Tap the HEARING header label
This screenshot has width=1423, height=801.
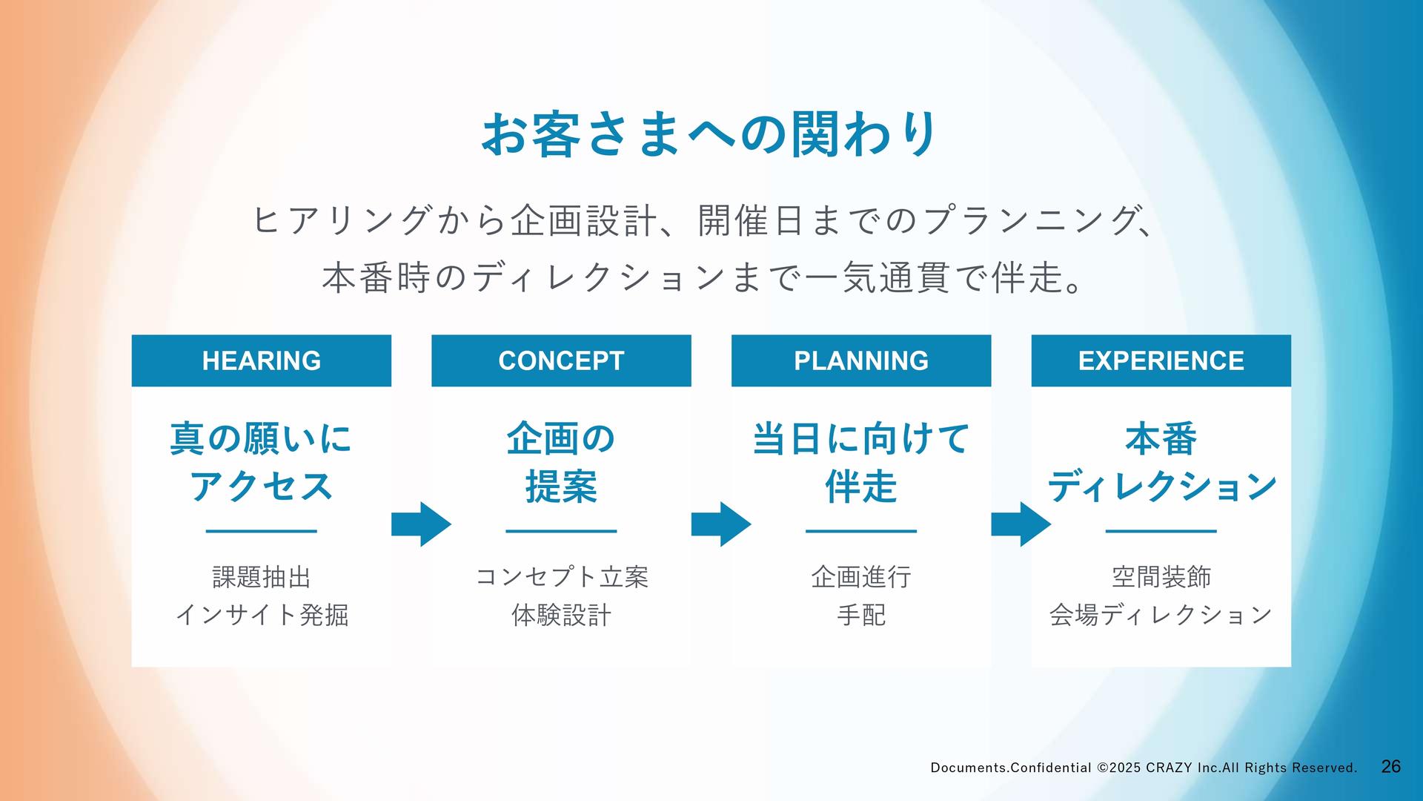point(262,360)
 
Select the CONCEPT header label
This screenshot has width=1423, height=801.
point(561,360)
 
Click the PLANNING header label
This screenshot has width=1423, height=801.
point(861,360)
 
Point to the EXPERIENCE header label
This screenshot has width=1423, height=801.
point(1161,360)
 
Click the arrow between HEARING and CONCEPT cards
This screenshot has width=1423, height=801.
point(421,524)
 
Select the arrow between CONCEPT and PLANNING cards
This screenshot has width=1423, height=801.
point(721,524)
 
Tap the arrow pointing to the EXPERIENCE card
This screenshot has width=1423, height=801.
point(1021,524)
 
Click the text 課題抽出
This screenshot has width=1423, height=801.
point(262,576)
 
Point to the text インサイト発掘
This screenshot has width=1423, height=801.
point(262,615)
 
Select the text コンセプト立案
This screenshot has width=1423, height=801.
point(561,576)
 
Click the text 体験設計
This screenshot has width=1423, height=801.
point(561,615)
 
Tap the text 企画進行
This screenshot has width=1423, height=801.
point(861,576)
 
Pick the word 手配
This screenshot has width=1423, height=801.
point(861,615)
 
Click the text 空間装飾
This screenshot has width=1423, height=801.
point(1161,576)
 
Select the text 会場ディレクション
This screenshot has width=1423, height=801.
point(1161,615)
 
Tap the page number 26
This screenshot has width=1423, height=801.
point(1391,767)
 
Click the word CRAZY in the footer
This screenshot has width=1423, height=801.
point(1169,768)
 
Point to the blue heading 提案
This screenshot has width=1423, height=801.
point(561,487)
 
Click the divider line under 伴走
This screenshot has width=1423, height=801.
point(861,531)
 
